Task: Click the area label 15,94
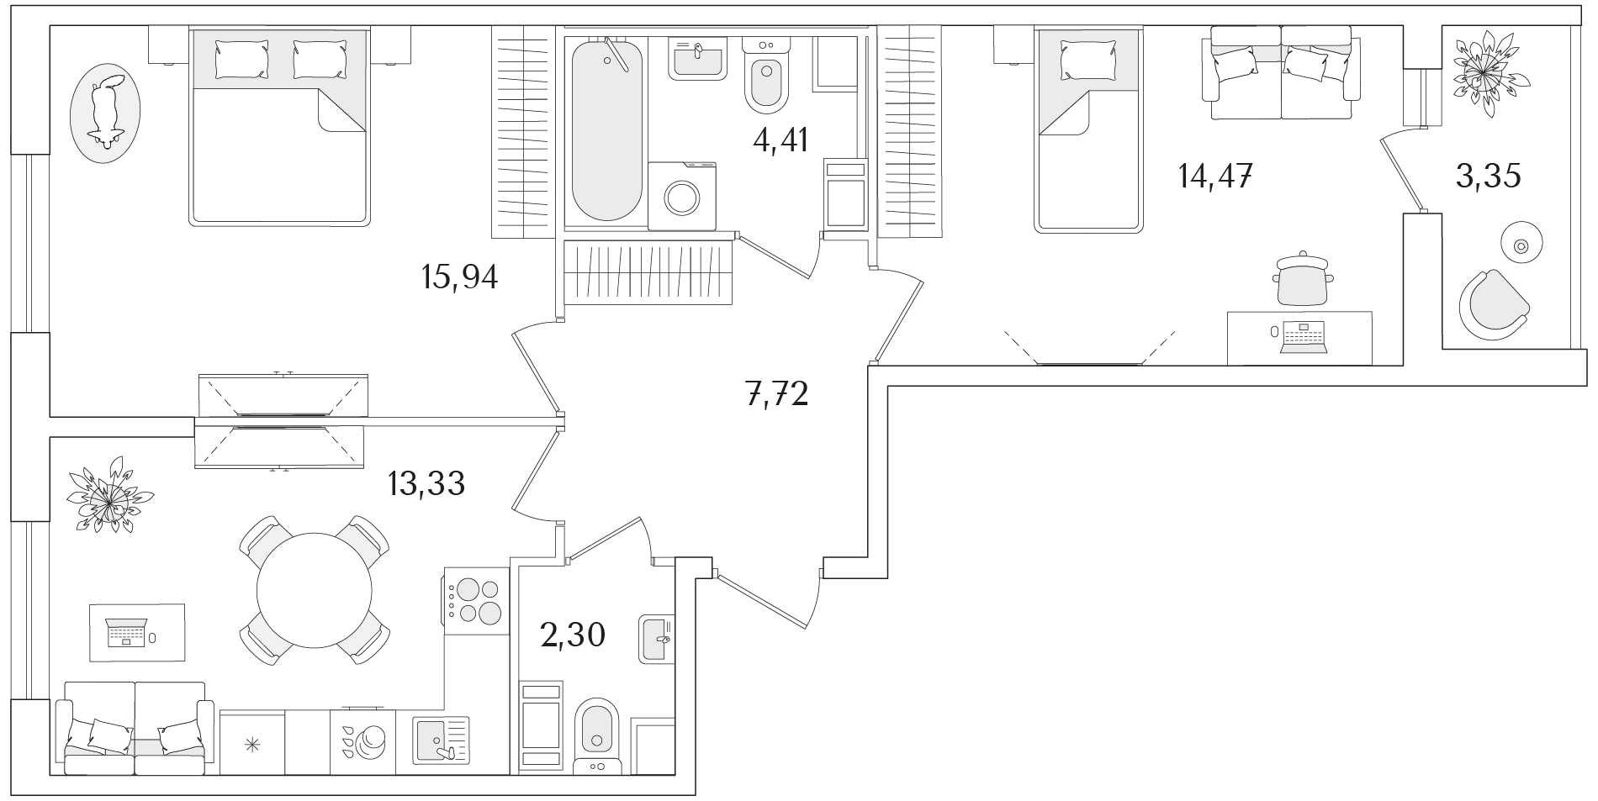[459, 277]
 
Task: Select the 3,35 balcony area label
[1489, 177]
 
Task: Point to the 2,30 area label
[573, 635]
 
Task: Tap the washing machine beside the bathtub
[682, 196]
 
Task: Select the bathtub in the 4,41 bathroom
[607, 130]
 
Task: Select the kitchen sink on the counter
[441, 740]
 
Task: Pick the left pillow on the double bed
[241, 60]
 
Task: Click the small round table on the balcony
[1521, 245]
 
